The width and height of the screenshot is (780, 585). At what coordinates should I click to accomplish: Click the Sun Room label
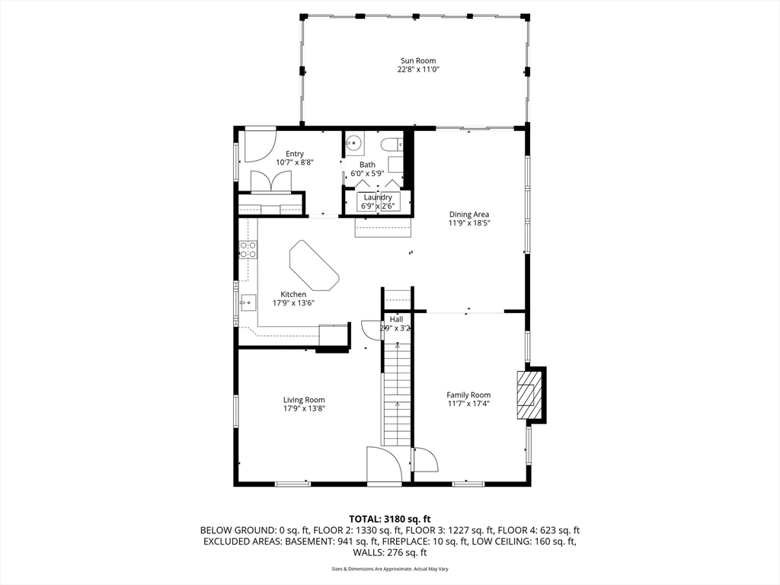click(x=418, y=61)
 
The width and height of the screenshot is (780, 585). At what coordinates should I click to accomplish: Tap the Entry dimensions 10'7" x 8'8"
click(x=295, y=162)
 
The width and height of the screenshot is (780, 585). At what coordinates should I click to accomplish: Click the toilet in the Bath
click(x=392, y=144)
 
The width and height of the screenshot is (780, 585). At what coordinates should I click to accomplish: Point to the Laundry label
click(x=378, y=197)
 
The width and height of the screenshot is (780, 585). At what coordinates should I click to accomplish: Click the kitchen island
click(x=314, y=265)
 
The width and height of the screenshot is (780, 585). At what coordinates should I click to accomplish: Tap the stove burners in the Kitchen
click(x=248, y=250)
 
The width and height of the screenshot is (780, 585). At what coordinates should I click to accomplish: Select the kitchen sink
click(x=248, y=302)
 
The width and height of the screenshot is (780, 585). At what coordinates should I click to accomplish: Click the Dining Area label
click(x=469, y=215)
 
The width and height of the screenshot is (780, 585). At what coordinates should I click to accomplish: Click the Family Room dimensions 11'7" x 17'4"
click(x=468, y=404)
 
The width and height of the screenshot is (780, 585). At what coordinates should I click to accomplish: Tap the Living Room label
click(x=304, y=400)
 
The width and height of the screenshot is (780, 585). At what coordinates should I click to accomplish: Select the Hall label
click(x=396, y=319)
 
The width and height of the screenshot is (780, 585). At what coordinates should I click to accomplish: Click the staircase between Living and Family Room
click(x=397, y=393)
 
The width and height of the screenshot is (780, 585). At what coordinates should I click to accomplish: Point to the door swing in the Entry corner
click(x=260, y=145)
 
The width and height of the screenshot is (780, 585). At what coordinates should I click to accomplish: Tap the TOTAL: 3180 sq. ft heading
click(x=389, y=519)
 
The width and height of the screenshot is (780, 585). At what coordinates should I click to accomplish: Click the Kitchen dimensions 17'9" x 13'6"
click(x=293, y=302)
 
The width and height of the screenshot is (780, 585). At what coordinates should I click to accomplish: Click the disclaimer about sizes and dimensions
click(x=389, y=569)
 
